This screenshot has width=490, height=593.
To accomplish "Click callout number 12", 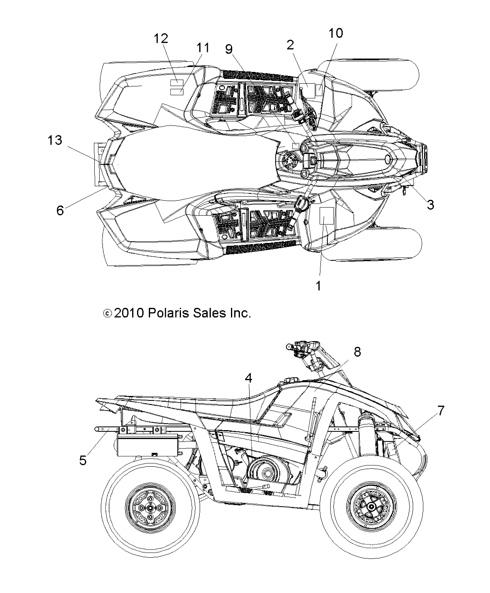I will pyautogui.click(x=161, y=39).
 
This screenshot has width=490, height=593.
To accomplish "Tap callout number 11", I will pyautogui.click(x=203, y=48).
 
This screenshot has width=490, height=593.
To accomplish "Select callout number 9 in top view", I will pyautogui.click(x=229, y=49).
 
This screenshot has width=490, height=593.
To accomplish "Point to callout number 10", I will pyautogui.click(x=336, y=33).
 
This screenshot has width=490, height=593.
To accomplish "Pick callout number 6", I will pyautogui.click(x=60, y=210).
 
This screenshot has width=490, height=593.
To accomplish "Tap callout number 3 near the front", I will pyautogui.click(x=430, y=205).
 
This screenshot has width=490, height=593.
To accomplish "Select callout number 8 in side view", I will pyautogui.click(x=357, y=352).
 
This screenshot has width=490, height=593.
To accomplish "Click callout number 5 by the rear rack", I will pyautogui.click(x=83, y=461).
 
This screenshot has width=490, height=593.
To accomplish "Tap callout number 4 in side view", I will pyautogui.click(x=248, y=378).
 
